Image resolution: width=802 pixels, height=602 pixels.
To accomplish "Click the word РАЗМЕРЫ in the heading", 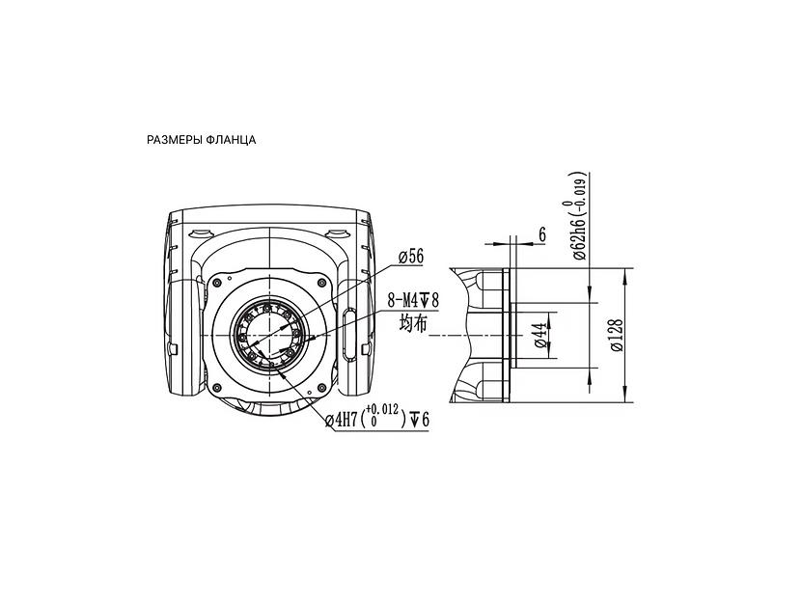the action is (175, 140).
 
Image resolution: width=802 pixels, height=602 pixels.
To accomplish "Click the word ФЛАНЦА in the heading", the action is (232, 140).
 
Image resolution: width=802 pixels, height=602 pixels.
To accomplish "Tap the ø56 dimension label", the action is (411, 257).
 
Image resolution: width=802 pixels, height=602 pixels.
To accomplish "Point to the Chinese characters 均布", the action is (413, 323).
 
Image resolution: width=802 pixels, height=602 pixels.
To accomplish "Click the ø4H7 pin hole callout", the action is (341, 420).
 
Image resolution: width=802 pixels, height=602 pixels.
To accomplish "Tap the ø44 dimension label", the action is (539, 335).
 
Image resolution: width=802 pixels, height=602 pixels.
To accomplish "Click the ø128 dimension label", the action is (617, 336).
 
